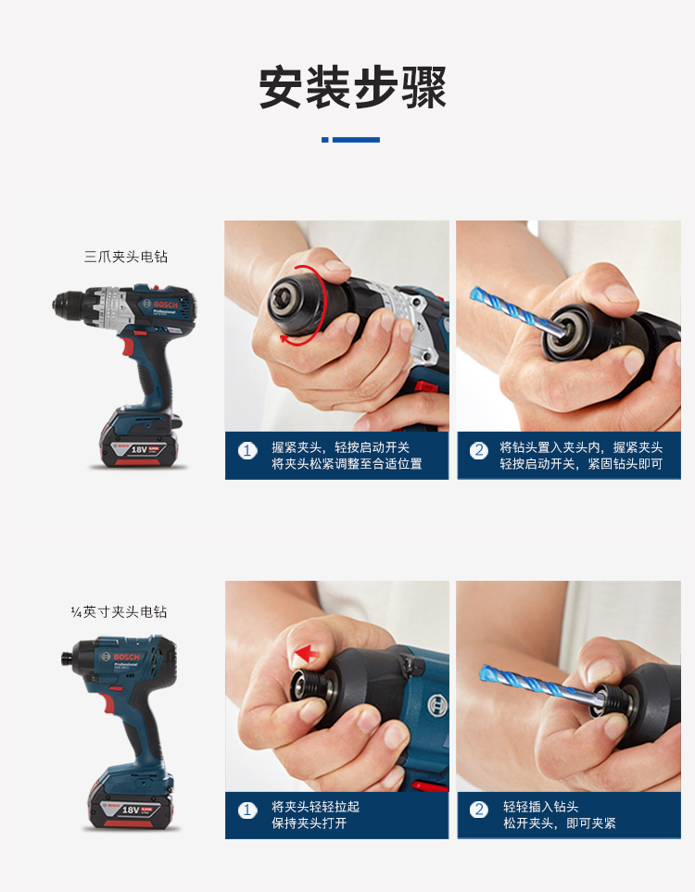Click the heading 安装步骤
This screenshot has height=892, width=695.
tap(352, 88)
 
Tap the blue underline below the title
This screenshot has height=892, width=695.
tap(350, 139)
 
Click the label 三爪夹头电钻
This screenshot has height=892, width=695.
tap(126, 257)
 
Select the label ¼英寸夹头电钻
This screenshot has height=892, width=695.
tap(119, 611)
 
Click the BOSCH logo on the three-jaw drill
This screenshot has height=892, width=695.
tap(166, 305)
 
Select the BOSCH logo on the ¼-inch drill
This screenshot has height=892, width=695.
tap(126, 657)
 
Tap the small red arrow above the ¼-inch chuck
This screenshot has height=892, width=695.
tap(306, 654)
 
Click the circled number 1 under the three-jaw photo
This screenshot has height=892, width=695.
tap(247, 451)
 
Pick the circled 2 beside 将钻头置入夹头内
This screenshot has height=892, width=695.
tap(479, 451)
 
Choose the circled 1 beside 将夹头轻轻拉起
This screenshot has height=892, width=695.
tap(247, 810)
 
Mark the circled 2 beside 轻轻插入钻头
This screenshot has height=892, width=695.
tap(479, 810)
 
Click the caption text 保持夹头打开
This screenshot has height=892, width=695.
tap(310, 823)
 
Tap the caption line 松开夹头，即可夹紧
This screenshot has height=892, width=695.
tap(560, 823)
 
